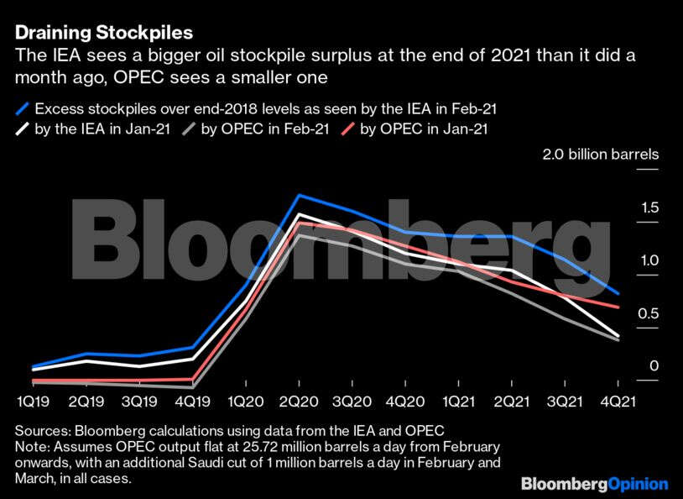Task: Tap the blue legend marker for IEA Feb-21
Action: pos(23,108)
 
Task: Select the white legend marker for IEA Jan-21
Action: pos(23,129)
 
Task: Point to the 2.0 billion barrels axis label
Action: pos(600,155)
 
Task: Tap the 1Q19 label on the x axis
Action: pos(32,402)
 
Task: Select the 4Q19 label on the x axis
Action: pos(193,402)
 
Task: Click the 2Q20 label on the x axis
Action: pos(300,402)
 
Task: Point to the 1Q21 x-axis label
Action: pos(459,402)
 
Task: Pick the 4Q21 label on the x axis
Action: pos(619,402)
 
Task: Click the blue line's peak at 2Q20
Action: pos(300,196)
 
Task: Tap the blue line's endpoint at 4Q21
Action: pos(619,294)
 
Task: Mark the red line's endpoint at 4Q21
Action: pos(619,307)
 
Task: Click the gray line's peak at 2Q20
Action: pos(300,234)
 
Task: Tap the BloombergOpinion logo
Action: pos(594,484)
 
